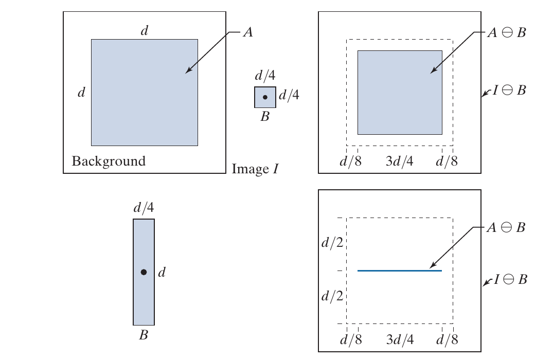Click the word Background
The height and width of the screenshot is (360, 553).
[x=109, y=161]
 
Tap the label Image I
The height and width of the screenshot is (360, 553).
[x=255, y=169]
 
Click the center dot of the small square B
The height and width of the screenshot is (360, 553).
[x=265, y=97]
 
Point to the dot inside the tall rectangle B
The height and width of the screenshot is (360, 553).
[x=144, y=272]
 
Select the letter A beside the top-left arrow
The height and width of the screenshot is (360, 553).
[x=247, y=32]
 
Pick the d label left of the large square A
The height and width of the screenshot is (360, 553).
[x=81, y=93]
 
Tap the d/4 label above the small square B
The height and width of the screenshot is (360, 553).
[x=265, y=76]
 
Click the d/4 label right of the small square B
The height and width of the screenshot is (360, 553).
[x=289, y=95]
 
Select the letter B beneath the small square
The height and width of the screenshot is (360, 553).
[x=265, y=117]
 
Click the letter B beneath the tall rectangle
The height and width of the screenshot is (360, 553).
[x=144, y=336]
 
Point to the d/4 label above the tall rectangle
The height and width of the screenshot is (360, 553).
[x=144, y=208]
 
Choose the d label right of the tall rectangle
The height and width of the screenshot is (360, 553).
[x=162, y=272]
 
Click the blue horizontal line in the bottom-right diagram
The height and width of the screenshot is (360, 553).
[x=400, y=271]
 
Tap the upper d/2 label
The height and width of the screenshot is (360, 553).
[x=332, y=242]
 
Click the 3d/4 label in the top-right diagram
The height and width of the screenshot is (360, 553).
[x=399, y=161]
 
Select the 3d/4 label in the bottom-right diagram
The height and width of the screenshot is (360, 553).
[x=399, y=340]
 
